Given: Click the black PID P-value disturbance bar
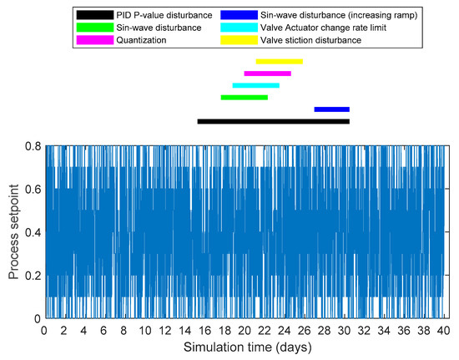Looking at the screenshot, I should (273, 121).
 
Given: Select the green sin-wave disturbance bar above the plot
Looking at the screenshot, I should (244, 97).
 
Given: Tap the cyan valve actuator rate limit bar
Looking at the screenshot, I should (255, 85).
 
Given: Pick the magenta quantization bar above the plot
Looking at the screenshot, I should (267, 74).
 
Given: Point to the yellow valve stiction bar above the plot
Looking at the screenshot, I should (279, 61).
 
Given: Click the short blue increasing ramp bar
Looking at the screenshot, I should (331, 109).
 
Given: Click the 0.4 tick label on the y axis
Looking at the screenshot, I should (32, 232).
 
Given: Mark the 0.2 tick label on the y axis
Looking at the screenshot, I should (32, 276).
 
